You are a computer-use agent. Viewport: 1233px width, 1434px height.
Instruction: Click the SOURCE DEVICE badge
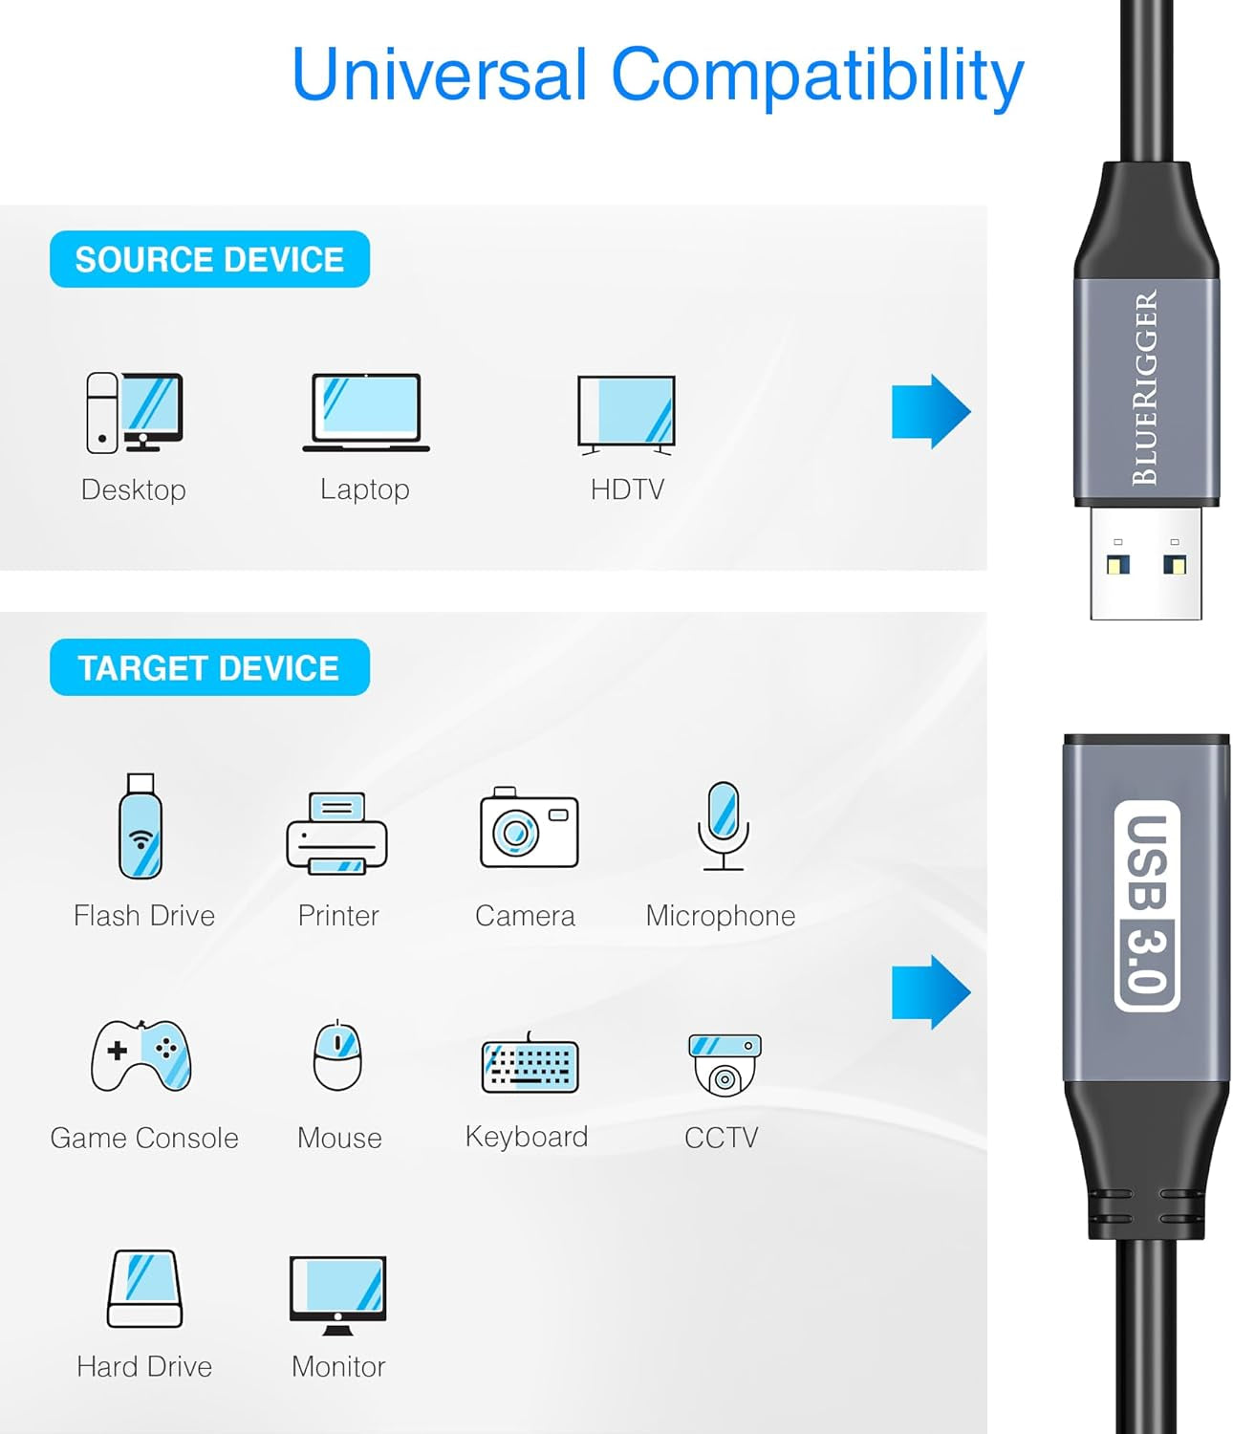209,259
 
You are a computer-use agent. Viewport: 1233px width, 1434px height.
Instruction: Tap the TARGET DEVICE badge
209,667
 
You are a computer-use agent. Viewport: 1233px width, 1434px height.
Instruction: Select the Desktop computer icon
134,412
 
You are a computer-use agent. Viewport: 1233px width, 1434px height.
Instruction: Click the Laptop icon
366,412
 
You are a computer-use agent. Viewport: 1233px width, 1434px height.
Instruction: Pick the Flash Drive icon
141,826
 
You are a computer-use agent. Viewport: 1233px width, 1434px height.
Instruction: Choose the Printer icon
336,833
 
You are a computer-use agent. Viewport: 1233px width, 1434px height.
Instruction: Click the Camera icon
529,828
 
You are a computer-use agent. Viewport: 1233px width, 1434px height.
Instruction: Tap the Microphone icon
724,826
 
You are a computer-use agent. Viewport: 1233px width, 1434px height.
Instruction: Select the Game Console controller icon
141,1055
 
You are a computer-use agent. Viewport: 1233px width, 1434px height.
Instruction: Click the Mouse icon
338,1055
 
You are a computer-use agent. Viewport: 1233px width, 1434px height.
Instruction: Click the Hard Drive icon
144,1288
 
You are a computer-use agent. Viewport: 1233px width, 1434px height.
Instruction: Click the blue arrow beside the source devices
930,411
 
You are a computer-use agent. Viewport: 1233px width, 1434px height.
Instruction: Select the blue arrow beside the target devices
930,992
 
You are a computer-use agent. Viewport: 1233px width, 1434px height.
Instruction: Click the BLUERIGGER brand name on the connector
1145,388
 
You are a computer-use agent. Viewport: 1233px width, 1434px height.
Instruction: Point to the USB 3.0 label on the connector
1146,905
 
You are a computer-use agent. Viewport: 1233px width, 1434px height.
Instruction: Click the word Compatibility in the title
817,75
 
